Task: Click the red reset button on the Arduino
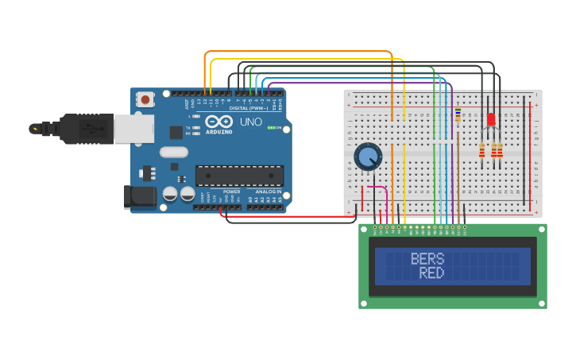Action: tap(145, 99)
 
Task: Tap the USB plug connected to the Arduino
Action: tap(87, 128)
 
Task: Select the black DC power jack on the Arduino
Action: tap(139, 196)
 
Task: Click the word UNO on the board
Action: tap(251, 122)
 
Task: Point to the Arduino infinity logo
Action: tap(218, 122)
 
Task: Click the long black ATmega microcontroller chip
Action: tap(239, 176)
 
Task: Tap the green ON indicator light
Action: tap(271, 127)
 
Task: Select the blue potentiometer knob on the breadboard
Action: tap(368, 157)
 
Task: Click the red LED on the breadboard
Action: tap(491, 120)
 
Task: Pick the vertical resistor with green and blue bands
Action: tap(458, 115)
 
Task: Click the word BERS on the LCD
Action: tap(427, 259)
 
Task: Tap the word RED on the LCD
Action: tap(431, 273)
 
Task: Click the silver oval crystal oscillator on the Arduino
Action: tap(174, 152)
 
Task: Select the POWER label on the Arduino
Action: tap(231, 192)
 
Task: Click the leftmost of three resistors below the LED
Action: tap(482, 150)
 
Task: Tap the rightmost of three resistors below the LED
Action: tap(500, 150)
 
